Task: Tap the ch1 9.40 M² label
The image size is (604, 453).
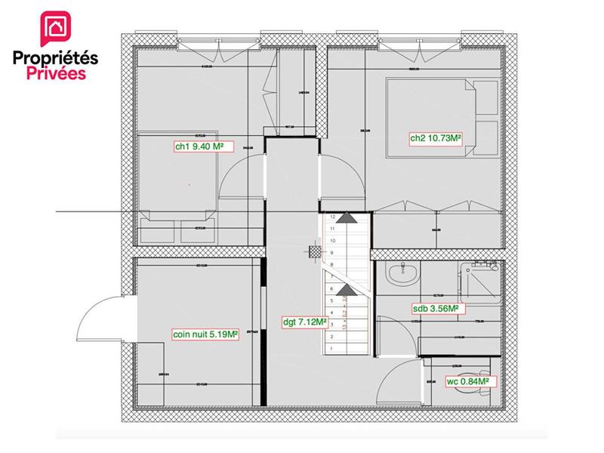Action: (x=200, y=147)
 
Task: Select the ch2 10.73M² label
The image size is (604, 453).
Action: (x=436, y=137)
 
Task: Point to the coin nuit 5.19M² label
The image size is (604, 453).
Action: (x=205, y=334)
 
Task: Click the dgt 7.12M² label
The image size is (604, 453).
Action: (x=305, y=321)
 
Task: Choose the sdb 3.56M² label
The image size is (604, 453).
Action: (x=436, y=309)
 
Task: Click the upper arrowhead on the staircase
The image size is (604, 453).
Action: (x=346, y=217)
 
